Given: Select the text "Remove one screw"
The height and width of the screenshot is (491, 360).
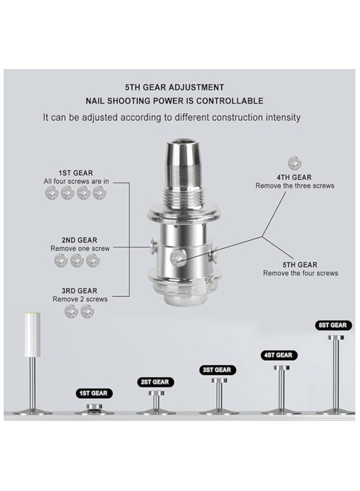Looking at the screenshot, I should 80,249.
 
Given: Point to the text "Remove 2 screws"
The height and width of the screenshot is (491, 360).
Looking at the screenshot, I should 80,299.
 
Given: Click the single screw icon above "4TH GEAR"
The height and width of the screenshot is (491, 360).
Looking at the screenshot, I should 294,162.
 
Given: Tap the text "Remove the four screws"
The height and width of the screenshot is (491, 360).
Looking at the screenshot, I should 300,273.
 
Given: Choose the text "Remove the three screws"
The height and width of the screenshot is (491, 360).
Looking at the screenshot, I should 294,185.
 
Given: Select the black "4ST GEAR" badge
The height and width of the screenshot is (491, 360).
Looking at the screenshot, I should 278,355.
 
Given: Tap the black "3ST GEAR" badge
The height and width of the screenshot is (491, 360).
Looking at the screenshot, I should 216,370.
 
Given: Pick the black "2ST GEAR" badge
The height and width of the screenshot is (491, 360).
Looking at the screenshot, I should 154,382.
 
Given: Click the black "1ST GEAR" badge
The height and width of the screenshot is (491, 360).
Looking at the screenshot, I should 93,393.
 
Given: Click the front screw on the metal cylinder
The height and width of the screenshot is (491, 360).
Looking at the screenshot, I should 178,256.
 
